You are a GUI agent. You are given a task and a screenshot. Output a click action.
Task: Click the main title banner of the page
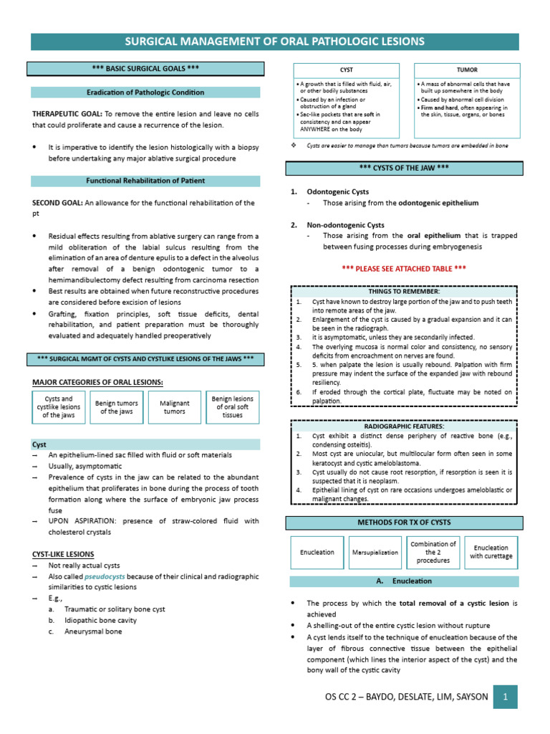tap(275, 41)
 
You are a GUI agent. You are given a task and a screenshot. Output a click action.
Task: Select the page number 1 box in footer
tap(505, 696)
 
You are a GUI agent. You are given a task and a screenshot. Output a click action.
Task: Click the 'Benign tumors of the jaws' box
tap(117, 407)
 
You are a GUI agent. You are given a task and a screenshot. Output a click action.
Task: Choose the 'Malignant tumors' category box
tap(175, 407)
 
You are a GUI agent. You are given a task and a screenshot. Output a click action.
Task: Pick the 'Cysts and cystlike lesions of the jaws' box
tap(59, 407)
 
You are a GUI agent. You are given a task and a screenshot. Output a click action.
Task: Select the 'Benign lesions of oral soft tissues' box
tap(233, 406)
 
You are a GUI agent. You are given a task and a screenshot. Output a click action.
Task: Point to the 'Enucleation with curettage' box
tap(491, 552)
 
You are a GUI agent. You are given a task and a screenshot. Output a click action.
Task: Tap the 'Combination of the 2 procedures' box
tap(433, 552)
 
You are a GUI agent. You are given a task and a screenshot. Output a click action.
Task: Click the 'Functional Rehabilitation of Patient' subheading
tap(145, 180)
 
